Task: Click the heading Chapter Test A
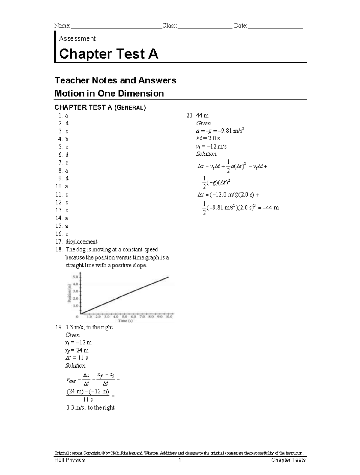tap(109, 54)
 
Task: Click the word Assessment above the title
tap(77, 38)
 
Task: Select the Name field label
tap(62, 26)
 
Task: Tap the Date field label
tap(240, 26)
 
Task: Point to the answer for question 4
tap(67, 139)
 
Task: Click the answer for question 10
tap(67, 186)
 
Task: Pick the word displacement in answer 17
tap(81, 242)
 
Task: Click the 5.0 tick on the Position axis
tap(75, 276)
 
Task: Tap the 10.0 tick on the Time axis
tap(169, 317)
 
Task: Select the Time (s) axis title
tap(125, 321)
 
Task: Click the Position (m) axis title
tap(70, 293)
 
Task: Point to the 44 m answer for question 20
tap(202, 116)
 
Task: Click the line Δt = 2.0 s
tap(208, 139)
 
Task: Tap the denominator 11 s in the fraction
tap(88, 400)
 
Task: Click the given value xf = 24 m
tap(77, 350)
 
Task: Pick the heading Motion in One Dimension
tap(109, 93)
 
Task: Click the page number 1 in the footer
tap(180, 460)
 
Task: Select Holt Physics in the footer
tap(70, 460)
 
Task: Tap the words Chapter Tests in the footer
tap(288, 460)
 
